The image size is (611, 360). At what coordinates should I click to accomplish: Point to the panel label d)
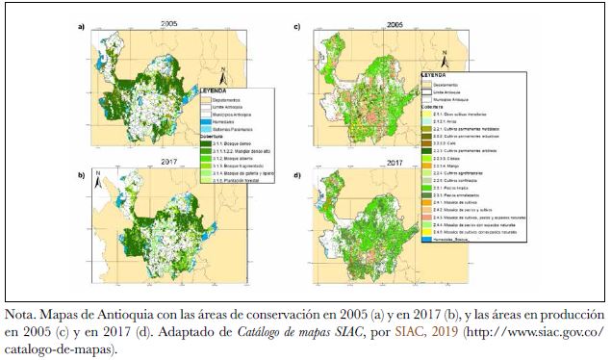click(297, 173)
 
